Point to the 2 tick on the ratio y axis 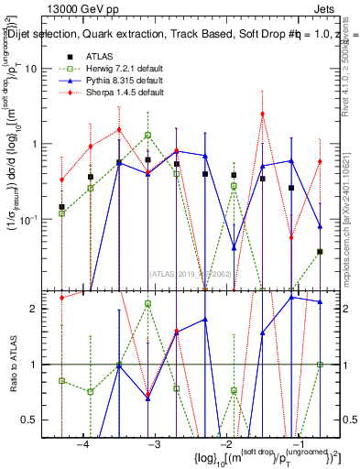click(41, 309)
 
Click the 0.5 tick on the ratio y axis click(38, 420)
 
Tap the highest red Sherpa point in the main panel click(263, 114)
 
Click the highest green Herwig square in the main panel click(147, 135)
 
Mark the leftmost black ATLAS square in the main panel click(61, 207)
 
